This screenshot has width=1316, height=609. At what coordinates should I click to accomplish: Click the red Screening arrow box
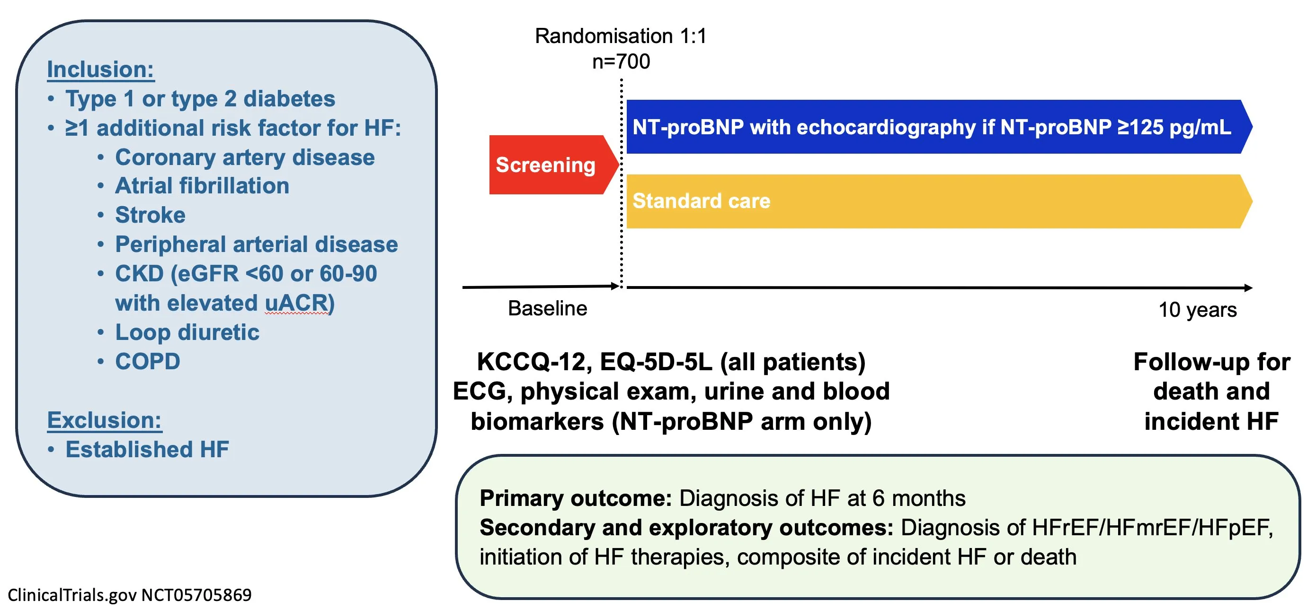pyautogui.click(x=554, y=165)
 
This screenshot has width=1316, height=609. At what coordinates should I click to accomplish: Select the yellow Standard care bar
pyautogui.click(x=939, y=201)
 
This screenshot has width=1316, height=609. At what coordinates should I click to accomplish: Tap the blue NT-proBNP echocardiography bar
pyautogui.click(x=939, y=127)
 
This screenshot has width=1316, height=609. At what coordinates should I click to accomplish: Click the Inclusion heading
pyautogui.click(x=101, y=70)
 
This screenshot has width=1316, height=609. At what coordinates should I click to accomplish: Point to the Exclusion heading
pyautogui.click(x=104, y=420)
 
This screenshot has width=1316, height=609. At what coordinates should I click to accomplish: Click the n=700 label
pyautogui.click(x=621, y=62)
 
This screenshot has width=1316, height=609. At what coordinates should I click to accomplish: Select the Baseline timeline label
pyautogui.click(x=548, y=308)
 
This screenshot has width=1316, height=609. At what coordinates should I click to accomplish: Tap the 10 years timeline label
pyautogui.click(x=1198, y=310)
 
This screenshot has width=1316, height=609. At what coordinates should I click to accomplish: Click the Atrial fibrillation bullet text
pyautogui.click(x=202, y=186)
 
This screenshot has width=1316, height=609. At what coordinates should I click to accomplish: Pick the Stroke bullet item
pyautogui.click(x=150, y=215)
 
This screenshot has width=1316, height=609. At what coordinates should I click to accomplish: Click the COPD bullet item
pyautogui.click(x=148, y=361)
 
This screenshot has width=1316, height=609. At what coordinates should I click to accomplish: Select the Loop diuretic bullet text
pyautogui.click(x=187, y=332)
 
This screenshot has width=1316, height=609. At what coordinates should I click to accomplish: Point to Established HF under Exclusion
pyautogui.click(x=147, y=450)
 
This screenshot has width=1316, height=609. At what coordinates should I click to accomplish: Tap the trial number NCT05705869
pyautogui.click(x=196, y=595)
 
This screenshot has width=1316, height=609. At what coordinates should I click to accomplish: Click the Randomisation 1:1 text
pyautogui.click(x=621, y=36)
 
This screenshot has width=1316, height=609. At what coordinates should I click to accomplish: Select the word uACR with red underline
pyautogui.click(x=296, y=303)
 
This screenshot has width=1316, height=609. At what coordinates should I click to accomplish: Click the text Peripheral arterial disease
pyautogui.click(x=257, y=244)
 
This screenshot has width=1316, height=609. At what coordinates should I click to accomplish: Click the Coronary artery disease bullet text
pyautogui.click(x=245, y=157)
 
